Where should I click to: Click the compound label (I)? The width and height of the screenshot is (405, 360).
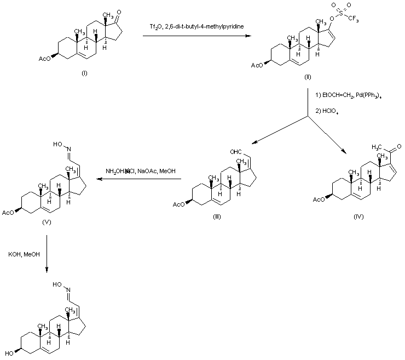click(84, 73)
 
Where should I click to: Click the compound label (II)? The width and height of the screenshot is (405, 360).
click(308, 77)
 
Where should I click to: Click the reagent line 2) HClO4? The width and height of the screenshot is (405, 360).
click(327, 113)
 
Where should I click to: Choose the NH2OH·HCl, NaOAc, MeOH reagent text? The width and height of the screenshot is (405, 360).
click(141, 172)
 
